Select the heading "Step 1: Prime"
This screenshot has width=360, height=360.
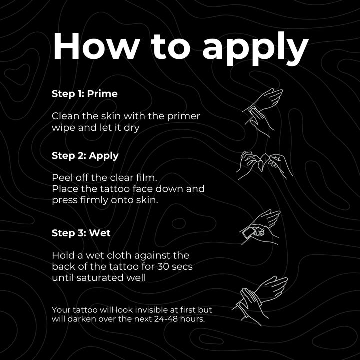click(x=84, y=93)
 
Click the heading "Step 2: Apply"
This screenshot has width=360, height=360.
click(x=85, y=155)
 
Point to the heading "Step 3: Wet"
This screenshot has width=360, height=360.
click(x=81, y=233)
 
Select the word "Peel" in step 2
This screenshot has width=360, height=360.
click(x=62, y=178)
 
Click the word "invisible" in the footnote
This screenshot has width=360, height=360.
click(x=151, y=310)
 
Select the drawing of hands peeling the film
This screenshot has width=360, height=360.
click(x=263, y=164)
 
